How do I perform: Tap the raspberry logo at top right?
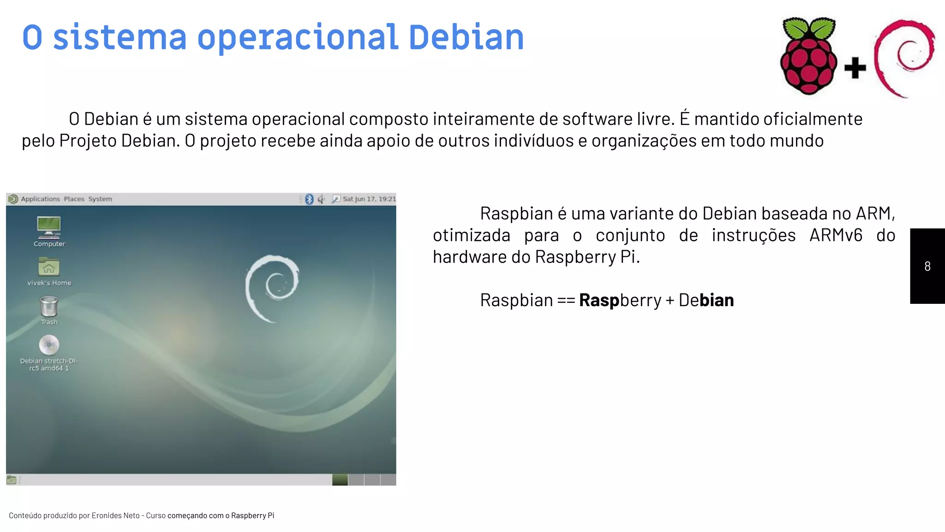coord(808,56)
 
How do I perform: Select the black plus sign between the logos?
coord(855,68)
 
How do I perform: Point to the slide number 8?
coord(927,266)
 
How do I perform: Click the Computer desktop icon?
coord(49,227)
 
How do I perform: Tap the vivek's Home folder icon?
coord(49,266)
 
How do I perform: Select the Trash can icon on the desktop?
coord(49,306)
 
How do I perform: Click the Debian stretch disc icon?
coord(49,345)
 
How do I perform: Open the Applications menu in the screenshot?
coord(40,199)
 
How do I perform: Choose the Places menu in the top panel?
coord(74,199)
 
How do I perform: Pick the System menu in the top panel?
coord(100,199)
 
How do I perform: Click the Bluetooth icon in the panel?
coord(309,199)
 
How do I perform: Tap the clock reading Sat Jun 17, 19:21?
coord(369,199)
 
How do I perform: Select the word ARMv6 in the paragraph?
coord(836,235)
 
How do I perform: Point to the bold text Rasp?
coord(599,300)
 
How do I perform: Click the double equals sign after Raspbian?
coord(566,300)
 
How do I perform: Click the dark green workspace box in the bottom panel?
coord(340,480)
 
